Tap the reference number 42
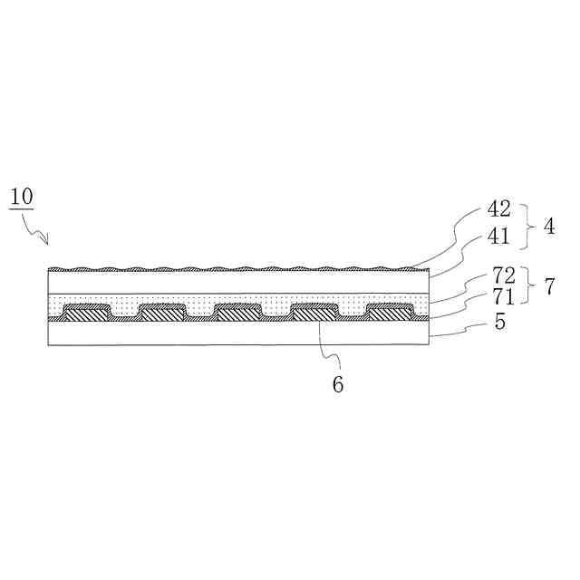click(499, 209)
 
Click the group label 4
click(549, 227)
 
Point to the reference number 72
click(504, 275)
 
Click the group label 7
click(550, 286)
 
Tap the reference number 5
click(499, 323)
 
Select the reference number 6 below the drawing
click(338, 384)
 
